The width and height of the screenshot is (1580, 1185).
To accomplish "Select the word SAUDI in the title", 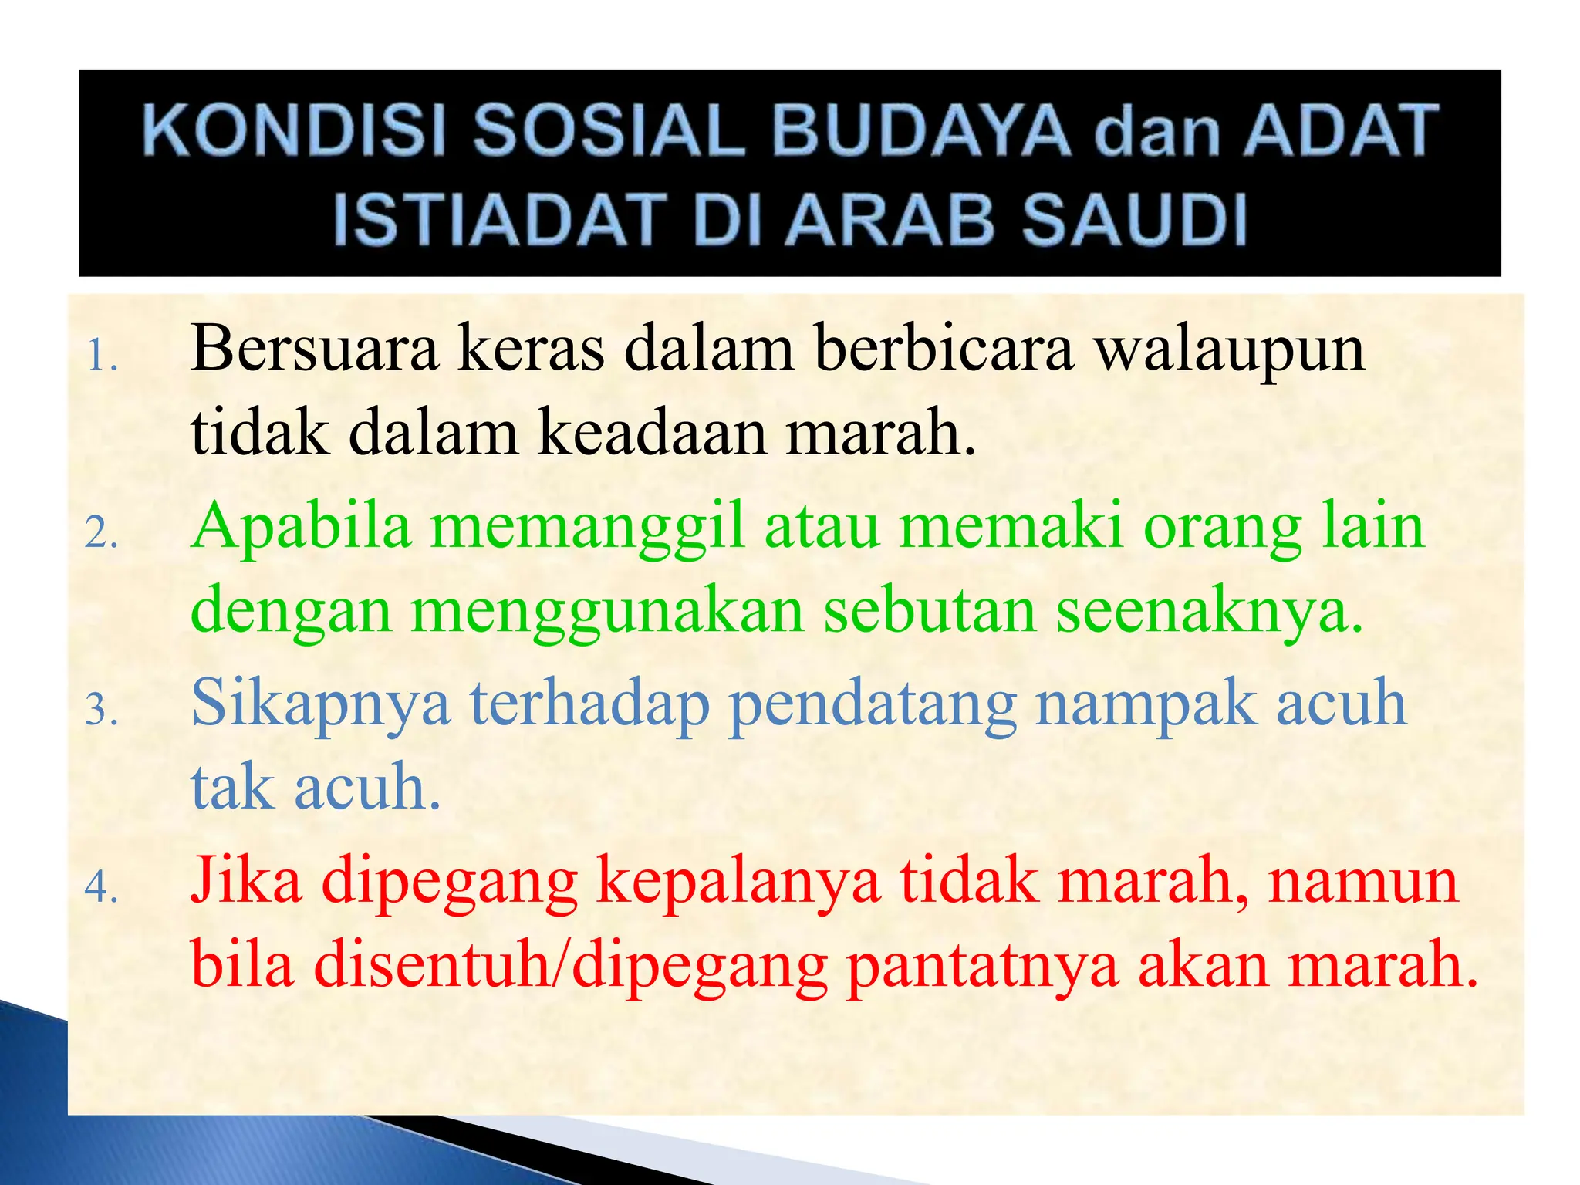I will [x=1134, y=219].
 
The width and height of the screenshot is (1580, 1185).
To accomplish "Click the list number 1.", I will [x=101, y=357].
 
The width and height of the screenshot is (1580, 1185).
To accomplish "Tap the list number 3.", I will [x=101, y=711].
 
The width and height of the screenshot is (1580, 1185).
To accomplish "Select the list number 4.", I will [x=101, y=887].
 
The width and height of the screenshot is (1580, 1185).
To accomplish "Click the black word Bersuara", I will [x=315, y=349].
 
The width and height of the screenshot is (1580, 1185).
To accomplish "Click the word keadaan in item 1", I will [x=652, y=432].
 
